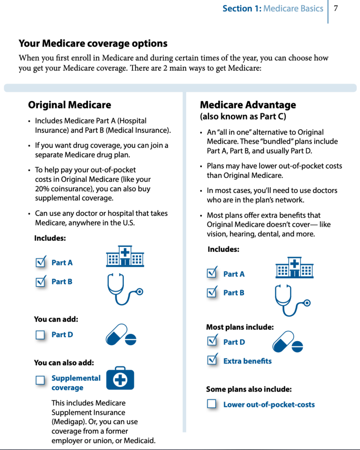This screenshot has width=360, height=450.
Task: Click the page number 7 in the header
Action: click(x=336, y=8)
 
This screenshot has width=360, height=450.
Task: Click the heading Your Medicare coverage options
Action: click(x=93, y=44)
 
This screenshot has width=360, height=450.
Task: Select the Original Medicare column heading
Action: click(x=69, y=105)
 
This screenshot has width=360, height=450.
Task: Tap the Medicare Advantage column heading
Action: click(x=248, y=105)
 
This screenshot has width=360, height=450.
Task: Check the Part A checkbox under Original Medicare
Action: click(x=41, y=262)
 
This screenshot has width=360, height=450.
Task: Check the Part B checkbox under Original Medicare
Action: click(x=41, y=281)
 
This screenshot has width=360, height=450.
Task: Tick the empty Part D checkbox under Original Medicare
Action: click(x=40, y=335)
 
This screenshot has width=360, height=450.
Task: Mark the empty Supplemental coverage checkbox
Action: click(x=40, y=380)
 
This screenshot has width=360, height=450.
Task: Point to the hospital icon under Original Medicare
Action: click(x=125, y=257)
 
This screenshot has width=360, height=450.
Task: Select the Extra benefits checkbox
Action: click(x=212, y=360)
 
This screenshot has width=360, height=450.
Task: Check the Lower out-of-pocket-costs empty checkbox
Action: click(x=212, y=404)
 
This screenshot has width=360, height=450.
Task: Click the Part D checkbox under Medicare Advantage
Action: click(x=212, y=341)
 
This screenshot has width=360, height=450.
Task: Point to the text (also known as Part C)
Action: click(x=243, y=116)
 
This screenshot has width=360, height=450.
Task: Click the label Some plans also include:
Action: click(x=249, y=389)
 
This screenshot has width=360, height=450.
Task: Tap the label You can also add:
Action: click(x=64, y=363)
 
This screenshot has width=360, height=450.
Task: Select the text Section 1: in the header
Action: click(x=242, y=8)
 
